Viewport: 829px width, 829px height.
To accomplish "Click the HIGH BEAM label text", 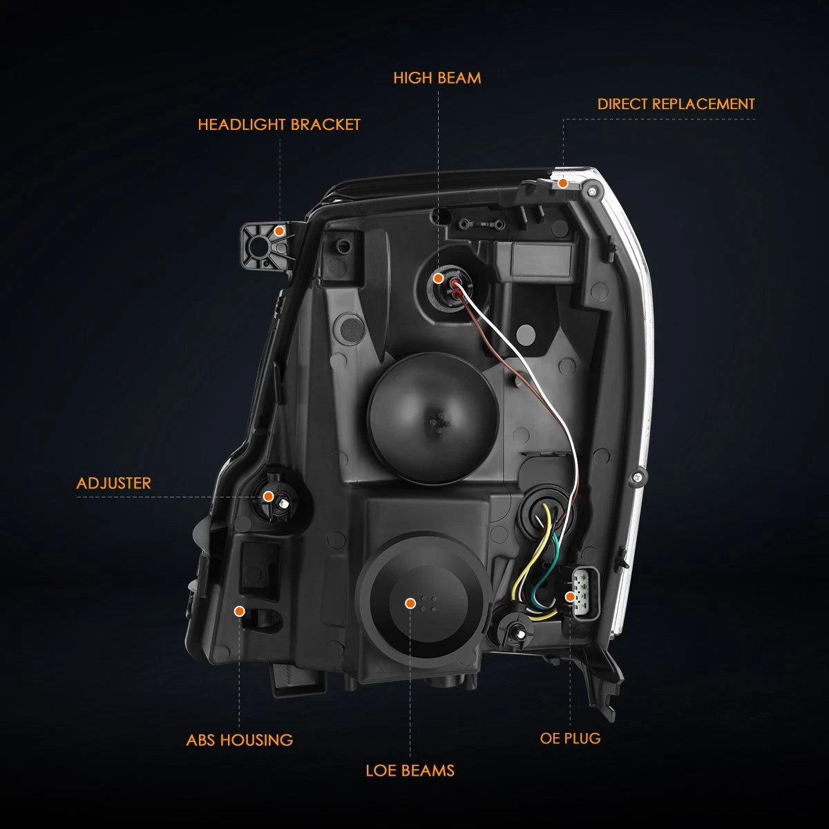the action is tap(437, 78).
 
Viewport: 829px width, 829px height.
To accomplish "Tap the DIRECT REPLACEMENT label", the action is tap(676, 104).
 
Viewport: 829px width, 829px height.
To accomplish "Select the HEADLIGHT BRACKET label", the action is tap(279, 125).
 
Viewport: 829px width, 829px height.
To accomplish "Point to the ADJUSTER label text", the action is tap(113, 483).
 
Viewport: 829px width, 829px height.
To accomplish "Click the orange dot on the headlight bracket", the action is tap(279, 231).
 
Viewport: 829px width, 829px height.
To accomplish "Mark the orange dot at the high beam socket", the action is tap(438, 278).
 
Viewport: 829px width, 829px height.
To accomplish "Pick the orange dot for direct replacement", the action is tap(563, 183).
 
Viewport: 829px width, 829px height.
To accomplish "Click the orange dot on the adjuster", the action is tap(269, 497).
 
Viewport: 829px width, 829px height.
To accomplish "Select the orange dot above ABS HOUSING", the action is tap(239, 611).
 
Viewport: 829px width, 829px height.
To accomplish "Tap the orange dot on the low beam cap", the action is tap(410, 604).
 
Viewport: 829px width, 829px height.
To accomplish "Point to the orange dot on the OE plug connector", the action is tap(569, 597).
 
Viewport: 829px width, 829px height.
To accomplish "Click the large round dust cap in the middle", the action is tap(432, 417).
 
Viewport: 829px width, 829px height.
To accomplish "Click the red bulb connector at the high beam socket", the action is tap(455, 288).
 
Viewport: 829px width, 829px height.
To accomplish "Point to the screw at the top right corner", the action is tap(592, 192).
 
